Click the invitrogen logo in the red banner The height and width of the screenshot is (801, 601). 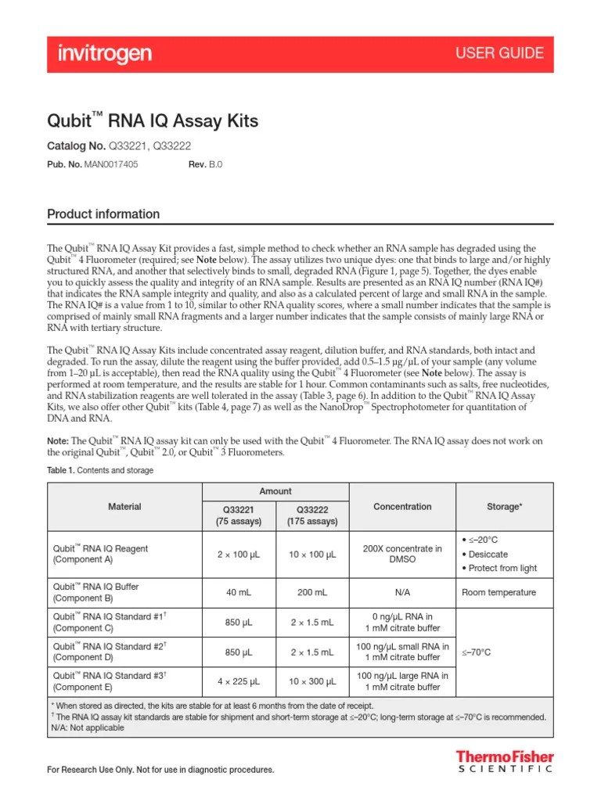104,53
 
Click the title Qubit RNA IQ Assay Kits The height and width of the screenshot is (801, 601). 153,121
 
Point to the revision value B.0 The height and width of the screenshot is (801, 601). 215,165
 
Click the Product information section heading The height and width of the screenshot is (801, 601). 103,214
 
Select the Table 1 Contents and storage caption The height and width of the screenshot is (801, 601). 100,470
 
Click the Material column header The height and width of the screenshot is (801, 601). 124,506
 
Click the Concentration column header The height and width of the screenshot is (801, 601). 402,506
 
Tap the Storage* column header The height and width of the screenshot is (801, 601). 504,506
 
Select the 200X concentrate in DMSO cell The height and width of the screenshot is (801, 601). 402,554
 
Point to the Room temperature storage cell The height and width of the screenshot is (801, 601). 498,592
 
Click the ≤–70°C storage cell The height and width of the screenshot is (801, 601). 477,651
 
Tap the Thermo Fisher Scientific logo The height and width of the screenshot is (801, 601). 505,762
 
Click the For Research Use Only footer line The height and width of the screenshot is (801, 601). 161,770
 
